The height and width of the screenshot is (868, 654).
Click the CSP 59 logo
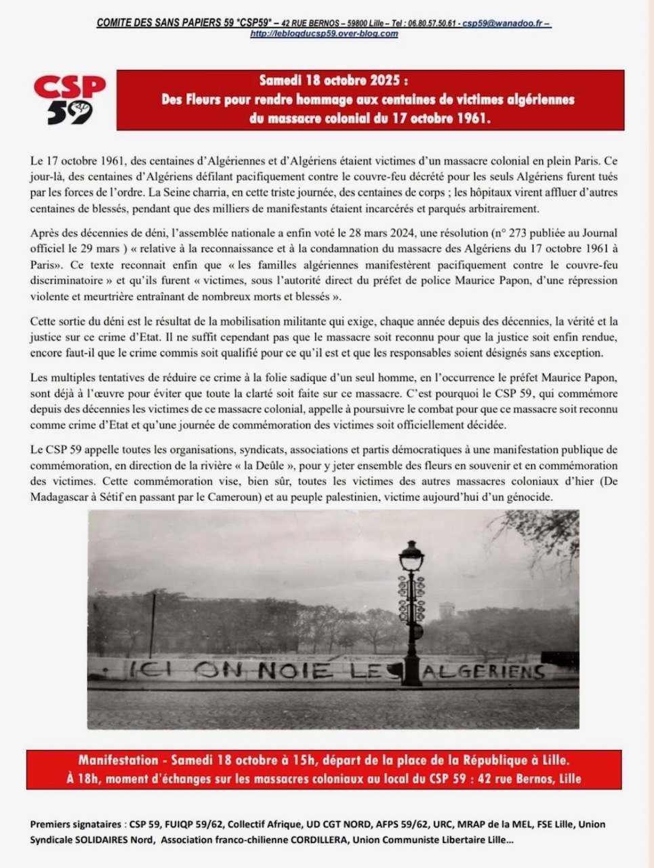(x=70, y=100)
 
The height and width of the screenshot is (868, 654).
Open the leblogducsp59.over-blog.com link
(x=324, y=34)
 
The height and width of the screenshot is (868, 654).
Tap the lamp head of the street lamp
(x=411, y=557)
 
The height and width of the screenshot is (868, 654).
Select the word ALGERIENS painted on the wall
(x=484, y=671)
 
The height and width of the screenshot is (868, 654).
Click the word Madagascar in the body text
(x=62, y=497)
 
